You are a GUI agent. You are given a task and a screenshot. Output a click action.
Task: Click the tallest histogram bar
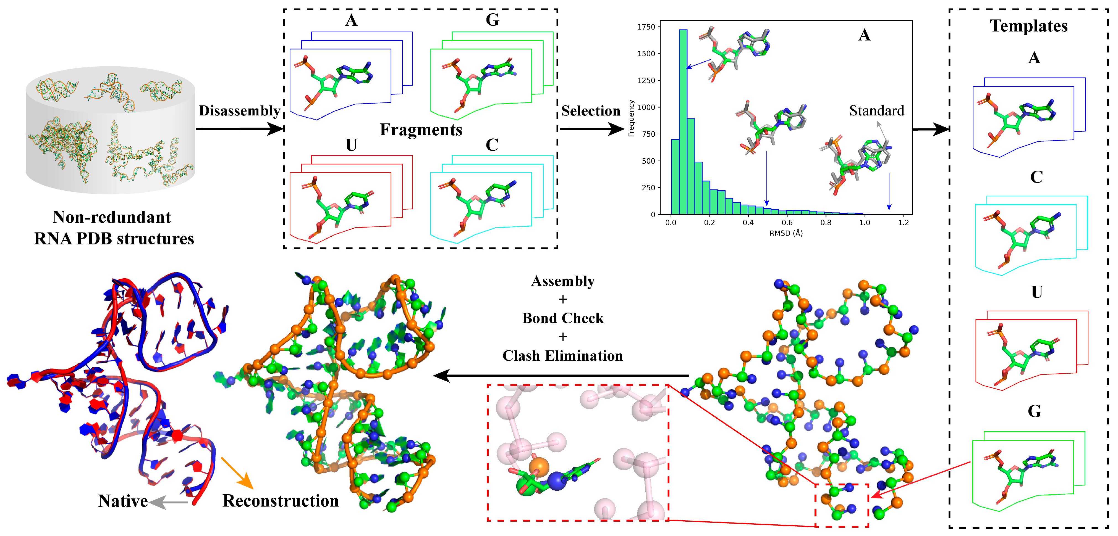click(x=683, y=122)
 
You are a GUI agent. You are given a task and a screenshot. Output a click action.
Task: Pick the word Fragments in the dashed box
click(x=421, y=130)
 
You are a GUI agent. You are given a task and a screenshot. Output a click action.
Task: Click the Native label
click(x=123, y=501)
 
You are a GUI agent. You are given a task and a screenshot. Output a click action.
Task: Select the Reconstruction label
click(x=280, y=501)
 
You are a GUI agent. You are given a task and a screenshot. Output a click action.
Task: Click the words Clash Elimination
click(x=562, y=356)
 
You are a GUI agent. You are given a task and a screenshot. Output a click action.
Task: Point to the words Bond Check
click(x=562, y=318)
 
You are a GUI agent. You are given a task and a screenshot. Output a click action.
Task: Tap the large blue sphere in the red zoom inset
click(x=557, y=481)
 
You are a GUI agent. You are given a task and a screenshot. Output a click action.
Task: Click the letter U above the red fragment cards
click(x=351, y=145)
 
